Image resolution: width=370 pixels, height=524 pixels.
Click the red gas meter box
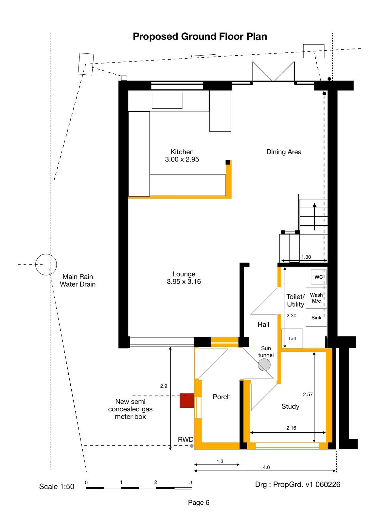pyautogui.click(x=186, y=400)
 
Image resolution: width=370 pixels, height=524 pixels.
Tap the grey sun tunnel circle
pyautogui.click(x=264, y=365)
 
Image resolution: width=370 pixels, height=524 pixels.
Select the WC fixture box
pyautogui.click(x=319, y=277)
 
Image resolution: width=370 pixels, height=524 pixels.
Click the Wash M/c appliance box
pyautogui.click(x=316, y=298)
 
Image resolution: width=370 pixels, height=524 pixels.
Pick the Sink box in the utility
pyautogui.click(x=316, y=317)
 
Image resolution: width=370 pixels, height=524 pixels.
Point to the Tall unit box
pyautogui.click(x=292, y=338)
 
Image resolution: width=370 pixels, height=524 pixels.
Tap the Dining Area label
pyautogui.click(x=284, y=152)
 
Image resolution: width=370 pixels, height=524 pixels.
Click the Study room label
pyautogui.click(x=290, y=406)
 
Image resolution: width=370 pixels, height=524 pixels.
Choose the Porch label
pyautogui.click(x=221, y=397)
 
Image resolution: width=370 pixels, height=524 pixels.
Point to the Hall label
pyautogui.click(x=263, y=325)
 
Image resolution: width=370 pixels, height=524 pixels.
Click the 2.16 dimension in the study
pyautogui.click(x=291, y=428)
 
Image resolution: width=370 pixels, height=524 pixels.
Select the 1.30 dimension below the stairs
pyautogui.click(x=306, y=257)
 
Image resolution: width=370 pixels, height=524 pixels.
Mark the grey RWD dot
pyautogui.click(x=192, y=446)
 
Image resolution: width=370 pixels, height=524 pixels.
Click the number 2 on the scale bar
pyautogui.click(x=156, y=482)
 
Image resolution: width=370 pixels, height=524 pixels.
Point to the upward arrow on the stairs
pyautogui.click(x=315, y=216)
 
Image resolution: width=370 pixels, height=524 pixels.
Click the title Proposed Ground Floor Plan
pyautogui.click(x=200, y=36)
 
